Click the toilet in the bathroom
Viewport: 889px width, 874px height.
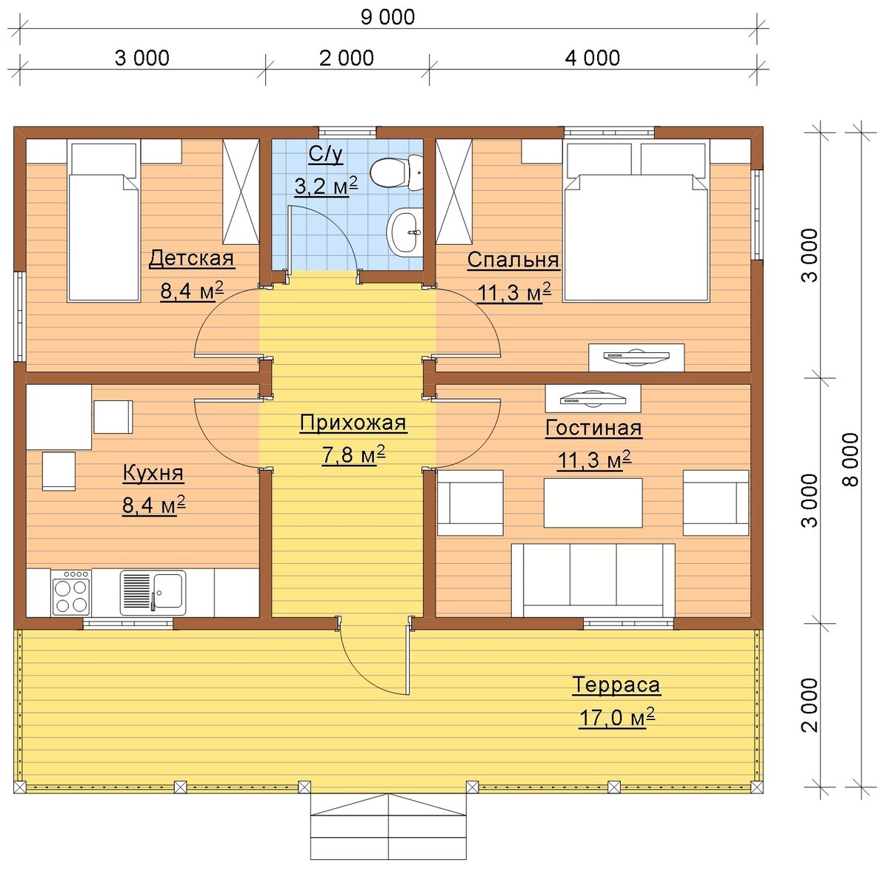pyautogui.click(x=397, y=173)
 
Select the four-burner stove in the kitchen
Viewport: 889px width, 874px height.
pyautogui.click(x=71, y=592)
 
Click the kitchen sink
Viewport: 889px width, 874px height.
pyautogui.click(x=153, y=593)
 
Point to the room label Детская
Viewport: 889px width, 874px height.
pyautogui.click(x=191, y=258)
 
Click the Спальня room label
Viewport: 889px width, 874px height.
pyautogui.click(x=513, y=260)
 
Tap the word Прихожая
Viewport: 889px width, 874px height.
pyautogui.click(x=353, y=423)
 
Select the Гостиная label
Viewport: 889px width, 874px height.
pyautogui.click(x=593, y=428)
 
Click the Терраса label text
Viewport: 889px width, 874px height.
pyautogui.click(x=616, y=685)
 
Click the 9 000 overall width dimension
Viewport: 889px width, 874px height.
pyautogui.click(x=387, y=17)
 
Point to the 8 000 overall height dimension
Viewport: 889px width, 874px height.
pyautogui.click(x=851, y=460)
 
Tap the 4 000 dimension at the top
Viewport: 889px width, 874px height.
pyautogui.click(x=592, y=58)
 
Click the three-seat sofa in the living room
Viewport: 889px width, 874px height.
pyautogui.click(x=593, y=579)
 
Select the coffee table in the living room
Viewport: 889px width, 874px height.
pyautogui.click(x=593, y=502)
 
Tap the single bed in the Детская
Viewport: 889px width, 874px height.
pyautogui.click(x=104, y=221)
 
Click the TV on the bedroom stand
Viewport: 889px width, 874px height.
pyautogui.click(x=636, y=355)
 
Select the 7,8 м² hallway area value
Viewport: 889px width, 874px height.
pyautogui.click(x=353, y=455)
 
